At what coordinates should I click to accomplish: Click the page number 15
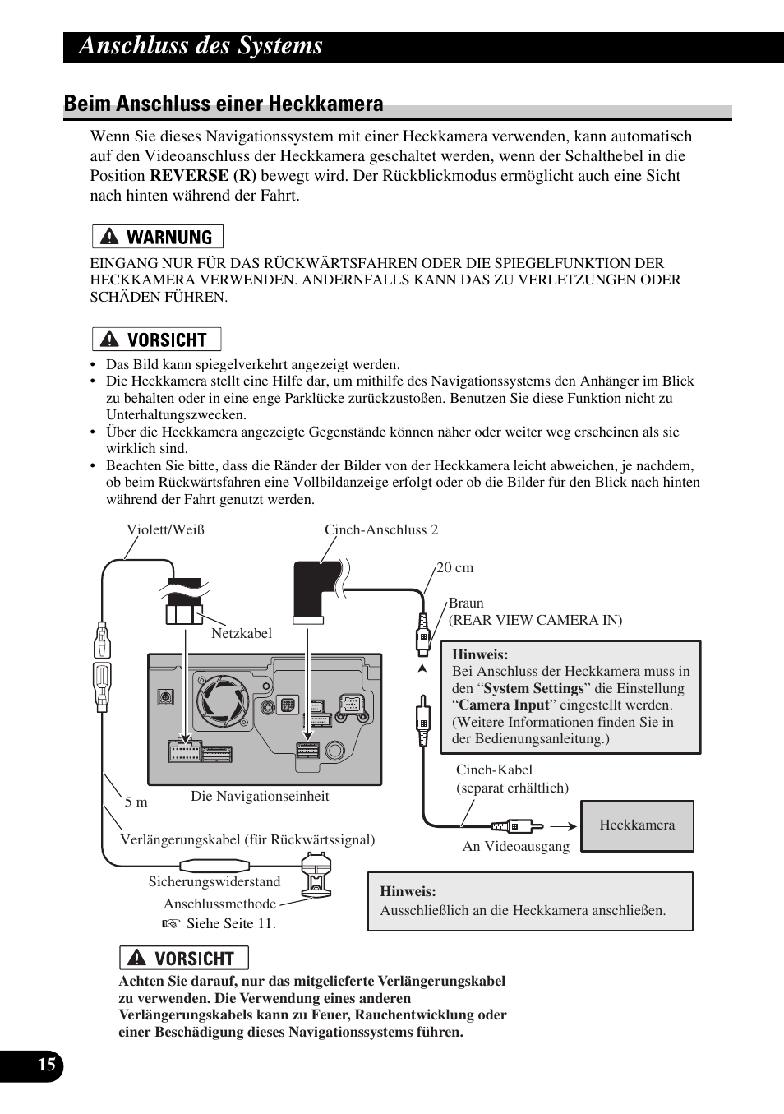(47, 1065)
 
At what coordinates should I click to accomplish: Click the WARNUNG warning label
(157, 237)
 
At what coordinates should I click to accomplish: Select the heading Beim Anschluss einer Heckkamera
(224, 104)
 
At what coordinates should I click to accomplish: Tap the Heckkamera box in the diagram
(637, 825)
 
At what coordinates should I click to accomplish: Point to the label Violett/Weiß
(165, 529)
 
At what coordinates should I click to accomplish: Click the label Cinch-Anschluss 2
(381, 529)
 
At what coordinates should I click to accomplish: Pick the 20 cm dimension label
(454, 567)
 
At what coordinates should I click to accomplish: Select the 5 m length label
(136, 802)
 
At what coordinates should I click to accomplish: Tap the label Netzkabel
(241, 633)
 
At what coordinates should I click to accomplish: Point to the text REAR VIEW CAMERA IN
(535, 620)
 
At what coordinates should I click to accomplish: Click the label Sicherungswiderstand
(214, 881)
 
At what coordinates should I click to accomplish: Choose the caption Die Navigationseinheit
(260, 796)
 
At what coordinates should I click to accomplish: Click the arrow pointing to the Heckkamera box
(562, 826)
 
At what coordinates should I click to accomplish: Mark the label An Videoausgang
(515, 846)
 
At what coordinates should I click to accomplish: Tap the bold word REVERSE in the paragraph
(189, 175)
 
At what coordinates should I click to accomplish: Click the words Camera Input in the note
(503, 705)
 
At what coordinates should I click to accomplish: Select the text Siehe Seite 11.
(231, 923)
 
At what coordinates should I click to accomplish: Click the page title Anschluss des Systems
(201, 46)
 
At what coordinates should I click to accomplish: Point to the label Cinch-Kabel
(494, 770)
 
